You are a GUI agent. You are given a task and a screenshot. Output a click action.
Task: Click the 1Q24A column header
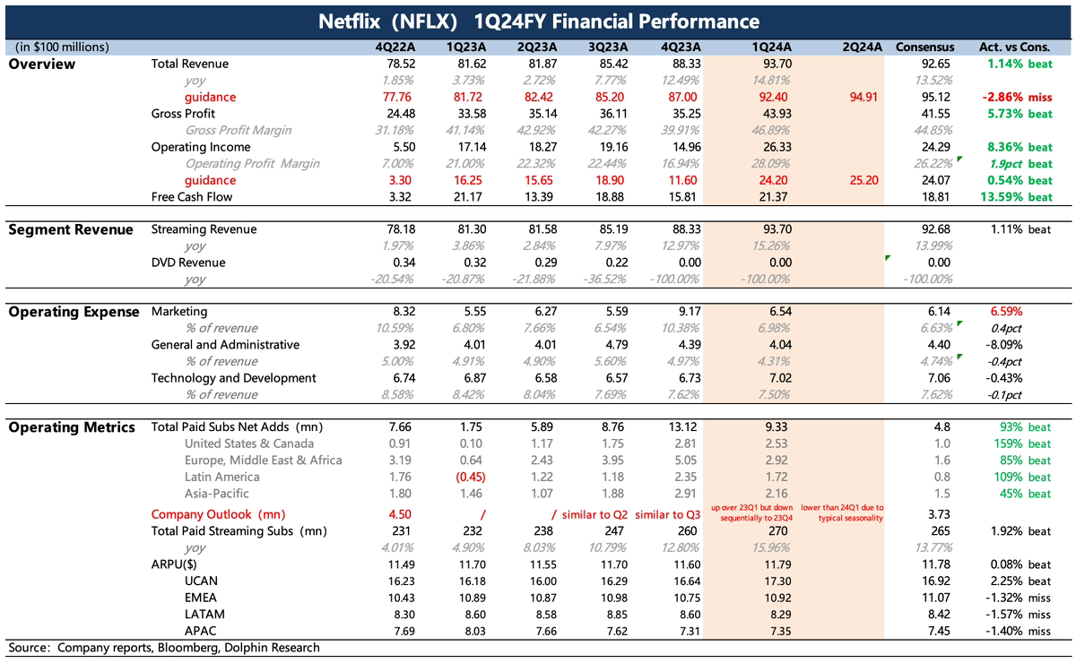coord(770,47)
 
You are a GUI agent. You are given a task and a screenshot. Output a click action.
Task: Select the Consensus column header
coord(924,47)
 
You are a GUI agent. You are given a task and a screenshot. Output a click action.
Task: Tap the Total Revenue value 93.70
coord(770,64)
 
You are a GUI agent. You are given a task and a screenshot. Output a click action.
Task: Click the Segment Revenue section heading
coord(71,230)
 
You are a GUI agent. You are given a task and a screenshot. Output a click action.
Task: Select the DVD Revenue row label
coord(189,263)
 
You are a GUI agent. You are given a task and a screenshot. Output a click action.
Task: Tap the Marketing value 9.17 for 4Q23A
coord(681,312)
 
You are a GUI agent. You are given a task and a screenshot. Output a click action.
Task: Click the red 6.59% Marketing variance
coord(1005,312)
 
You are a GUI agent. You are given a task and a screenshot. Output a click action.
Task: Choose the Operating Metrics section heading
coord(72,427)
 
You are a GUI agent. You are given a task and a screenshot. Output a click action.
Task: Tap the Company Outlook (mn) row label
coord(214,514)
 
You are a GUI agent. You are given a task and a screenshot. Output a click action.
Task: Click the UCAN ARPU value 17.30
coord(770,581)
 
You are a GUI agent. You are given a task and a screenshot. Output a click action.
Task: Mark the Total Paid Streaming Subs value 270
coord(770,531)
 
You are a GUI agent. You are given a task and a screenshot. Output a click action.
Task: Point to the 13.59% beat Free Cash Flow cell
coord(1015,196)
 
